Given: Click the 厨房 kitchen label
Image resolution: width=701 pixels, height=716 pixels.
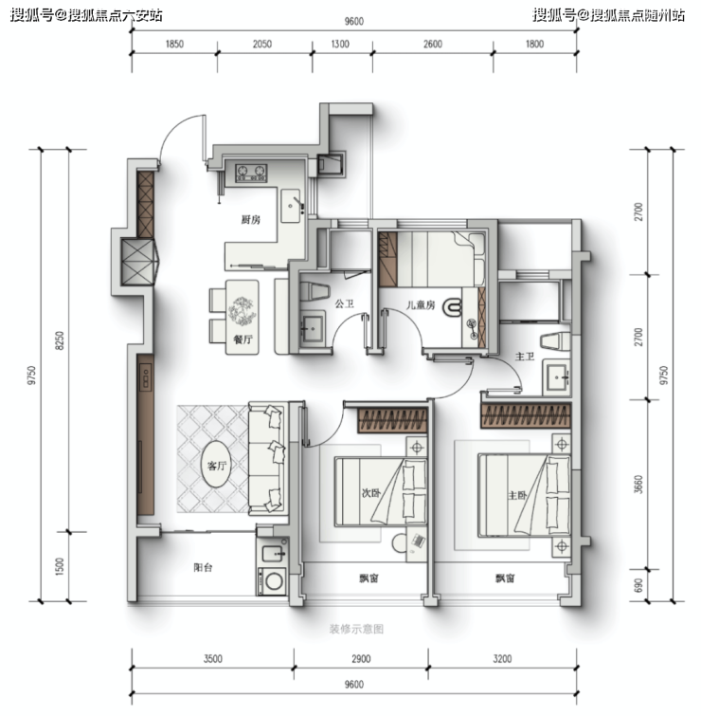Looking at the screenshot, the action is [x=250, y=220].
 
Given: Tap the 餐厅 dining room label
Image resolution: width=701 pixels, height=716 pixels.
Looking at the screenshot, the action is [x=243, y=340].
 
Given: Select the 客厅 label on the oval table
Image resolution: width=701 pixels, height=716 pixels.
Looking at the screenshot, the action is [x=217, y=466].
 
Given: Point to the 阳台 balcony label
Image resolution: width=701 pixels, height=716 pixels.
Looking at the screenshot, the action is [x=203, y=568].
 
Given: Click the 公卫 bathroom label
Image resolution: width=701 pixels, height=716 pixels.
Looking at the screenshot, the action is [x=345, y=303].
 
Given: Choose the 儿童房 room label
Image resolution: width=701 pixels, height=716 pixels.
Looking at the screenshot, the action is [x=421, y=304].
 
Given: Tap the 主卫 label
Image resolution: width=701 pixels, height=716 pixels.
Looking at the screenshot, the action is [x=525, y=357].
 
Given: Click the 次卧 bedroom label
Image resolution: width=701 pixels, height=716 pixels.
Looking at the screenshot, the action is [x=371, y=493].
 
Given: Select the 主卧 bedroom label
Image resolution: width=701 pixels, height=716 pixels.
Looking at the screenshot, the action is [x=517, y=495].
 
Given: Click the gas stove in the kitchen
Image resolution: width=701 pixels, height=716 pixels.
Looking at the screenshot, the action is [x=251, y=173].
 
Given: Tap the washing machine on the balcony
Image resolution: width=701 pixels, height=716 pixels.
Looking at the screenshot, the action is [x=273, y=581].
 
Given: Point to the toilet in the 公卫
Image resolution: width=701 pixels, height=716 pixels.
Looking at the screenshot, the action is [x=315, y=292].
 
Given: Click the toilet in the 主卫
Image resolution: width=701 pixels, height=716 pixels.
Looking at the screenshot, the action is [x=555, y=341].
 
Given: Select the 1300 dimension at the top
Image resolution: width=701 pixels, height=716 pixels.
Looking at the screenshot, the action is [x=340, y=44].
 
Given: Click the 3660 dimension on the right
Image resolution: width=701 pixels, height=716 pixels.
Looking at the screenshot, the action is [x=638, y=485].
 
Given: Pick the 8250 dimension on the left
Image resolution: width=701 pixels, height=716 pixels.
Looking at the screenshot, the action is [x=60, y=340].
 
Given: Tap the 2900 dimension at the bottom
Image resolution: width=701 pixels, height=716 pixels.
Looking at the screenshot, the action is [x=361, y=659].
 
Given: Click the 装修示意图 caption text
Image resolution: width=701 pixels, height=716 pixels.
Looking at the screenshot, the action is [x=356, y=630].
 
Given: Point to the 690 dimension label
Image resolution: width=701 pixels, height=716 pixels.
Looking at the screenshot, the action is [x=638, y=586].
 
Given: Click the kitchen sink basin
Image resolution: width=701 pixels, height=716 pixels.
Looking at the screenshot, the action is [x=291, y=207].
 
